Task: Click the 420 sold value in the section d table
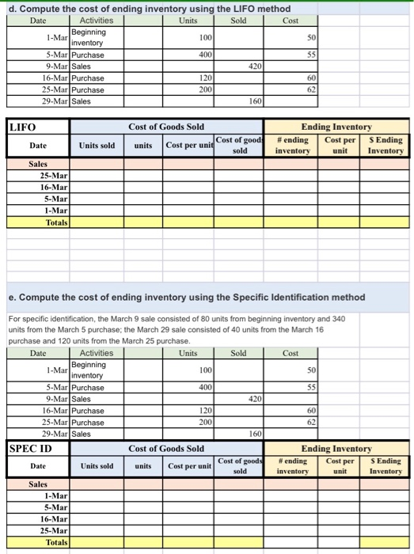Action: click(253, 66)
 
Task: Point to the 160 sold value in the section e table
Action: click(253, 434)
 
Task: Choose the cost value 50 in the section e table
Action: click(311, 370)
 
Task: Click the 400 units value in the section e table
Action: click(205, 388)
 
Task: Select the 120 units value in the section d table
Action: click(205, 79)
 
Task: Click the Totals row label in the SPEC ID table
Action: click(56, 542)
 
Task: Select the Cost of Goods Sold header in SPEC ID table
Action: click(166, 448)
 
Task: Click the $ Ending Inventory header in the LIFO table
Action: click(386, 145)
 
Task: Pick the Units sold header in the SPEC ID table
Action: click(96, 466)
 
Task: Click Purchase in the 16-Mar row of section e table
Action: click(87, 411)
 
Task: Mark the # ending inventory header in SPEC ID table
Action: click(294, 466)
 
